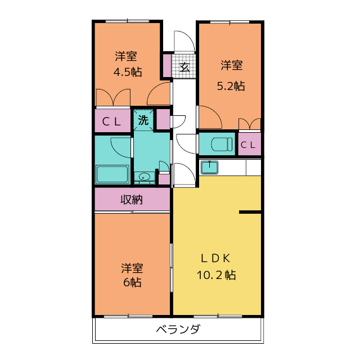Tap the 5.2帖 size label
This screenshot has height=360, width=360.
point(231,85)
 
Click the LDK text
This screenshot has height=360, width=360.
point(217,259)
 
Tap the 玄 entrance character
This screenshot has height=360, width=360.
point(184,67)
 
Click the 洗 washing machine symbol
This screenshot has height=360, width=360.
point(143,120)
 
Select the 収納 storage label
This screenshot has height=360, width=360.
point(132,199)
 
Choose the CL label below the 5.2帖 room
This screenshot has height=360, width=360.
point(248,145)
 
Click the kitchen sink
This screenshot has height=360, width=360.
point(209,166)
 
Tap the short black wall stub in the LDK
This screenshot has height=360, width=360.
point(250,212)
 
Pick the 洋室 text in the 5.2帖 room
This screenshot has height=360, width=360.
point(231,66)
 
